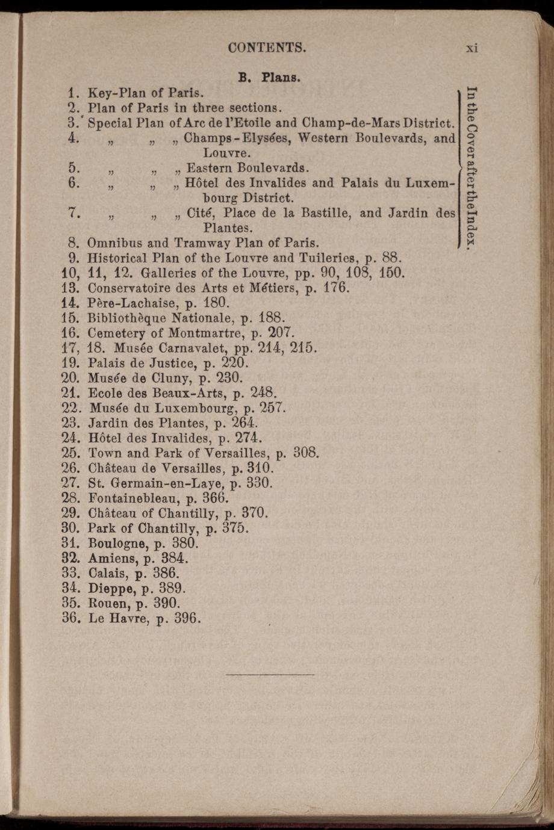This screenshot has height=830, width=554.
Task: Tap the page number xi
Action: (472, 48)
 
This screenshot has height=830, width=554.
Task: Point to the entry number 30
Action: (72, 528)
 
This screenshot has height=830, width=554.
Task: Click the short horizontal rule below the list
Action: (270, 675)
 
